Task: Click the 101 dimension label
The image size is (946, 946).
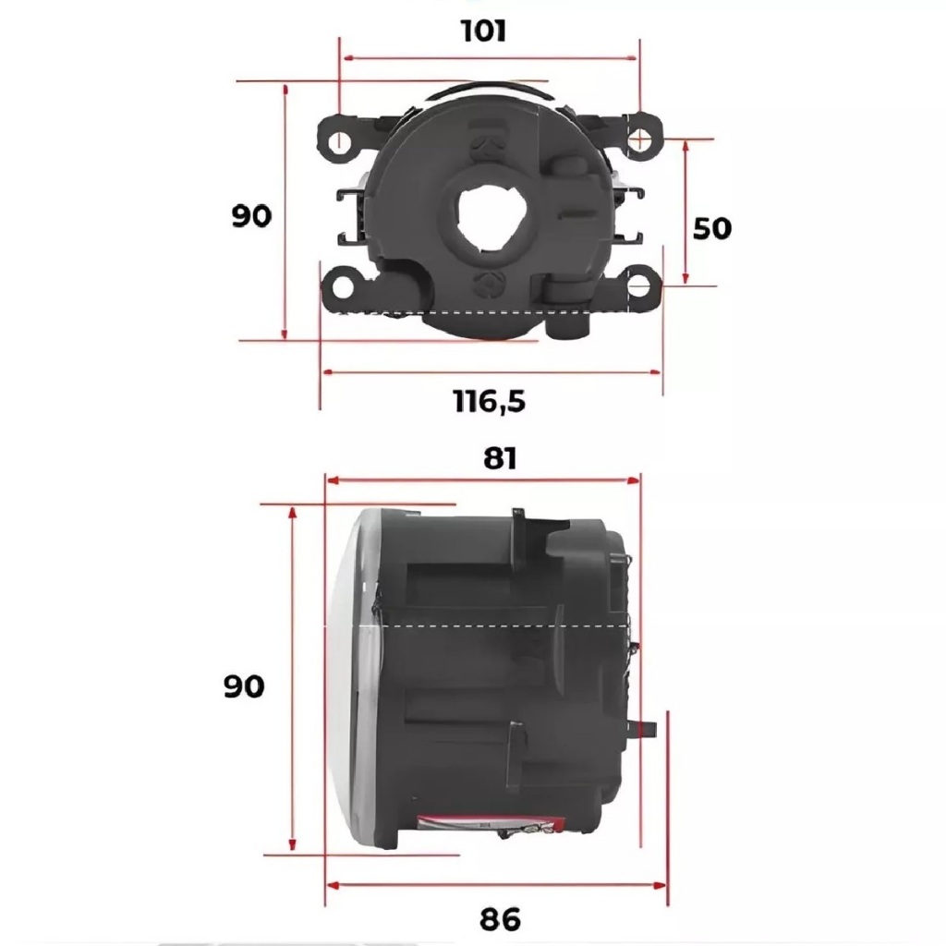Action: tap(483, 30)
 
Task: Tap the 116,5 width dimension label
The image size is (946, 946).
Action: tap(490, 401)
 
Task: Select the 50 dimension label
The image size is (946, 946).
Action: tap(712, 228)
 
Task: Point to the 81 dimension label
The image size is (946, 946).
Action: tap(500, 459)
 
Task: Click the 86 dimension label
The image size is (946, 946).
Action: tap(500, 919)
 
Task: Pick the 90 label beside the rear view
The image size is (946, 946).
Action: tap(251, 216)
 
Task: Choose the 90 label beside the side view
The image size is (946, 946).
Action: tap(244, 686)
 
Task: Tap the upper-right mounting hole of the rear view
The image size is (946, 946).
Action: tap(640, 140)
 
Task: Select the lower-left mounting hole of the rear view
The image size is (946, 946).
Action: tap(342, 287)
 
